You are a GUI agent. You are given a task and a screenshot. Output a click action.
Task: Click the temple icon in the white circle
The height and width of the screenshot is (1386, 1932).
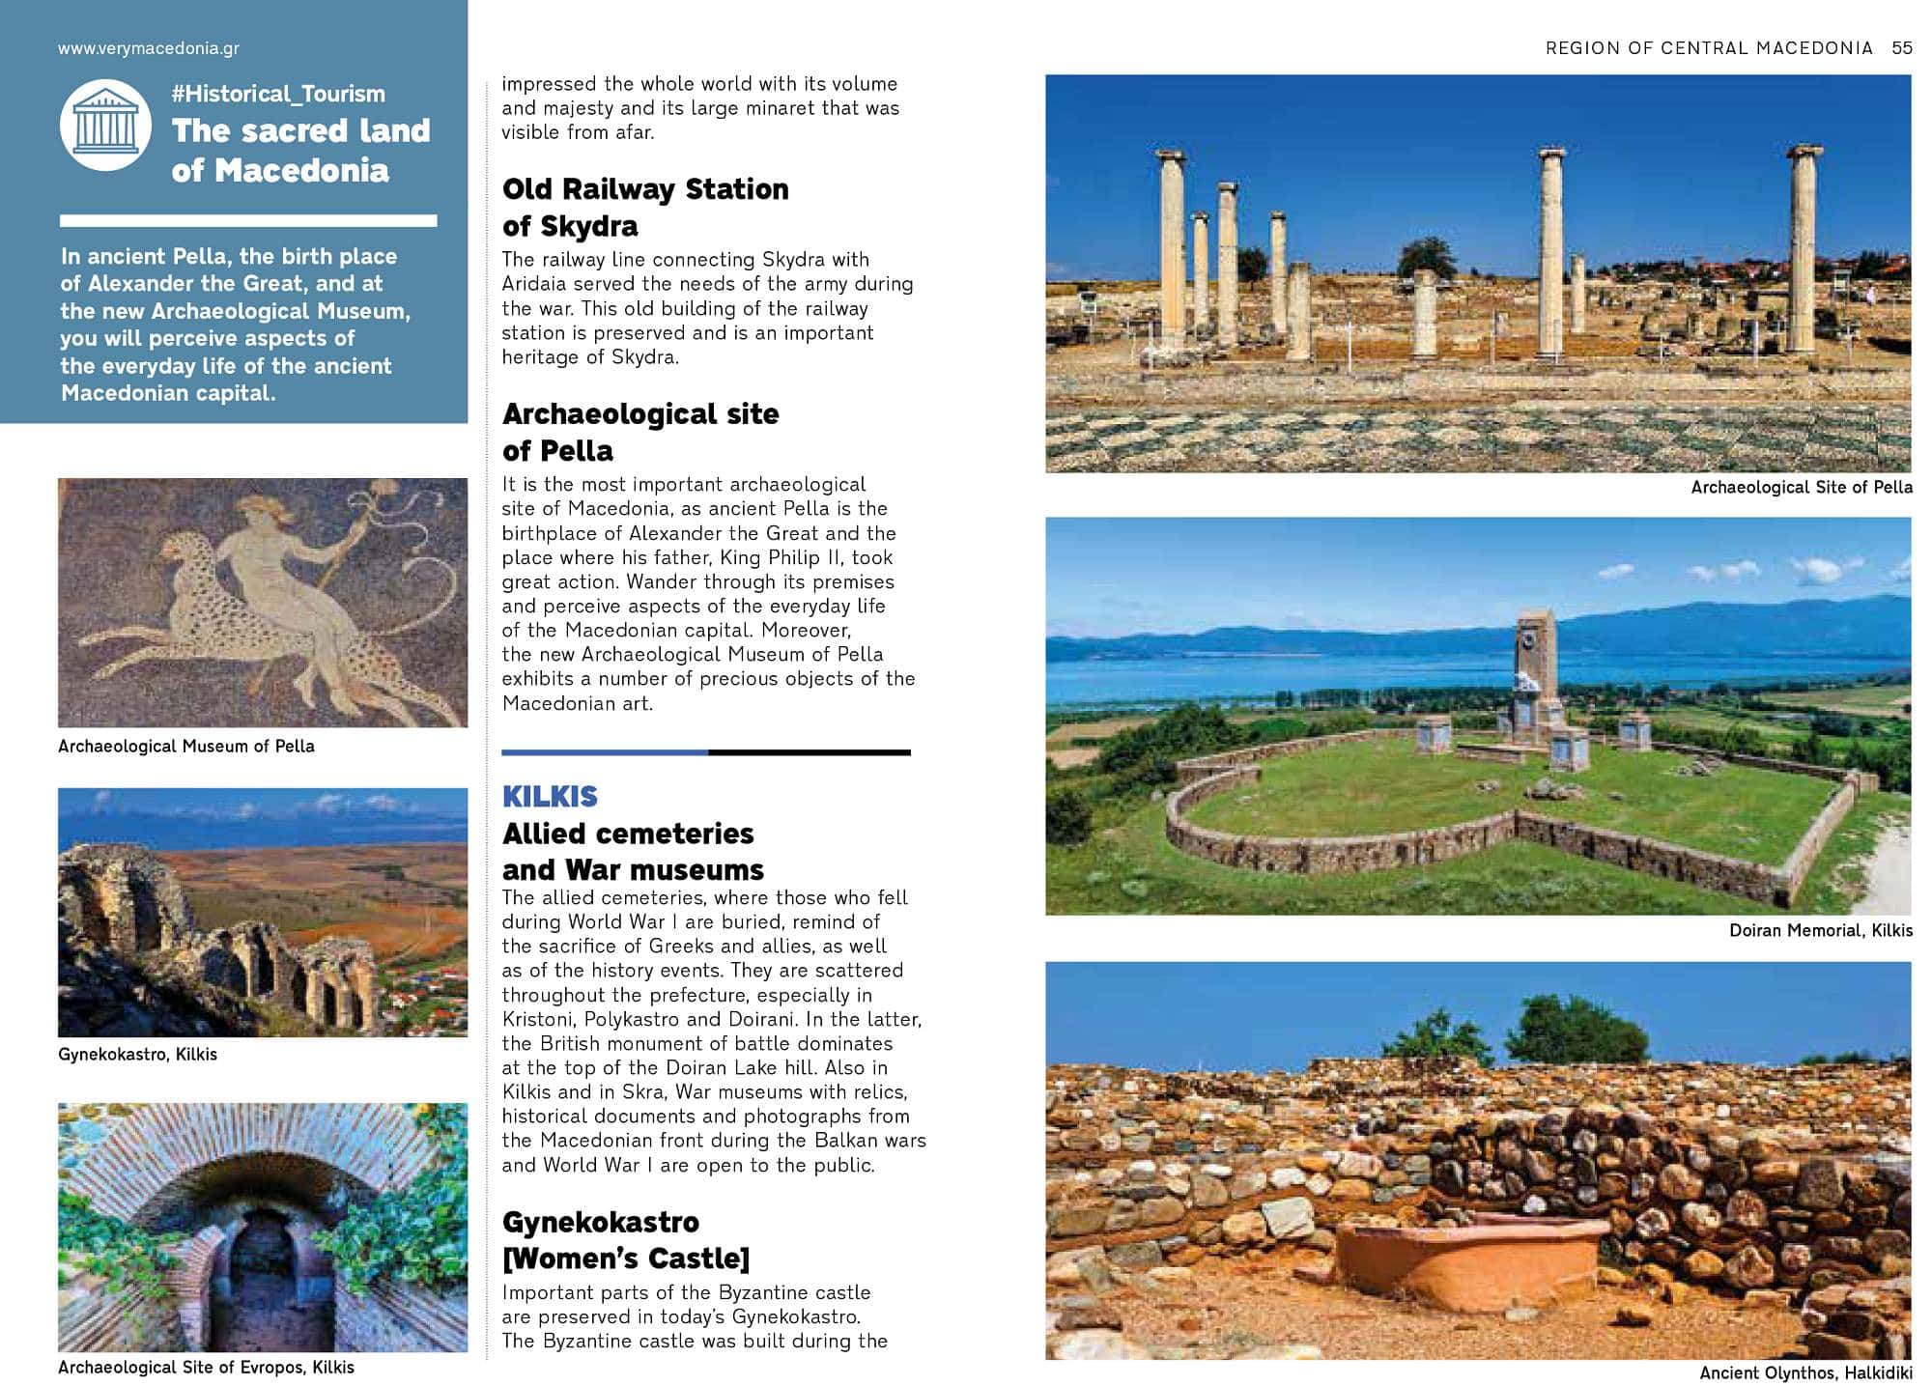pyautogui.click(x=105, y=127)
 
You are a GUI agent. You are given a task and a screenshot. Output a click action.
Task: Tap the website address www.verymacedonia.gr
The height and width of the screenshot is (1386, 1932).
pyautogui.click(x=149, y=48)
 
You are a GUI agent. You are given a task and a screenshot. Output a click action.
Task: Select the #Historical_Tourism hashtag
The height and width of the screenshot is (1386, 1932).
pyautogui.click(x=278, y=94)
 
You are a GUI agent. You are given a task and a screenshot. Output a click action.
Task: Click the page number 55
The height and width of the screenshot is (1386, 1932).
pyautogui.click(x=1901, y=48)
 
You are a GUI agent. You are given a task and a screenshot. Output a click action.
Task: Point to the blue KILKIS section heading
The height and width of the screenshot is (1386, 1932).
pyautogui.click(x=550, y=797)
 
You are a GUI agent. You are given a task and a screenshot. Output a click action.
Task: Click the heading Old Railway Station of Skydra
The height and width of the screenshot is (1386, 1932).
pyautogui.click(x=645, y=208)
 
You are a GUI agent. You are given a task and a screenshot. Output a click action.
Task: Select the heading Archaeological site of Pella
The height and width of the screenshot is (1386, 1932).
pyautogui.click(x=640, y=432)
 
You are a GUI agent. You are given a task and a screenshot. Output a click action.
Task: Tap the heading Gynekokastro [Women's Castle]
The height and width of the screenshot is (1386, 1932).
pyautogui.click(x=626, y=1240)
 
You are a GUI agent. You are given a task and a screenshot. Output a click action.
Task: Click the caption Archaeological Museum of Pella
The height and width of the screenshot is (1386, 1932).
pyautogui.click(x=186, y=747)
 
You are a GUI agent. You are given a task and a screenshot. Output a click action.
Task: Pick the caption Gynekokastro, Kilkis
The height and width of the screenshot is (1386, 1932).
pyautogui.click(x=137, y=1055)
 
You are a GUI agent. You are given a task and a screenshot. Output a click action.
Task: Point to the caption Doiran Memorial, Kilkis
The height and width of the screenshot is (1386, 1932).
pyautogui.click(x=1820, y=931)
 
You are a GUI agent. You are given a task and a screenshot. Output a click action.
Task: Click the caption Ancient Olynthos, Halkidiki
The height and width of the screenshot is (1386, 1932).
pyautogui.click(x=1805, y=1373)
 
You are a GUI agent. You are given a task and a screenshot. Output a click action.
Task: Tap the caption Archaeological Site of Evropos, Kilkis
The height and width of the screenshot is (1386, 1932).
pyautogui.click(x=206, y=1368)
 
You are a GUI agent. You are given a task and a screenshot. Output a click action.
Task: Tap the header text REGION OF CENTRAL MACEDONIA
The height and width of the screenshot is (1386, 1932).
pyautogui.click(x=1709, y=48)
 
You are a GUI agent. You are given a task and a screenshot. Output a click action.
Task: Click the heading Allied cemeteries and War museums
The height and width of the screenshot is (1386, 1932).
pyautogui.click(x=633, y=852)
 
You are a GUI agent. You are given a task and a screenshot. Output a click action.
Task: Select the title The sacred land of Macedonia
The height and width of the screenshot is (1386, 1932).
pyautogui.click(x=300, y=151)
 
